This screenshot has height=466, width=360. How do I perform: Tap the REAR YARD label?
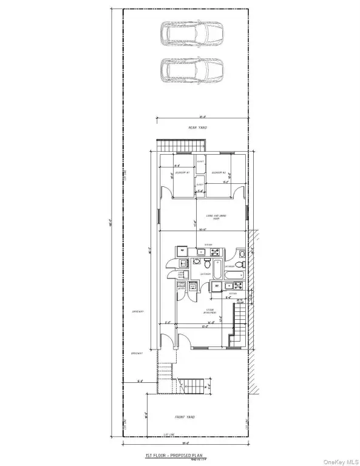tap(195, 128)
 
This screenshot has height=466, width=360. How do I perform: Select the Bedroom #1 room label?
tap(183, 173)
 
